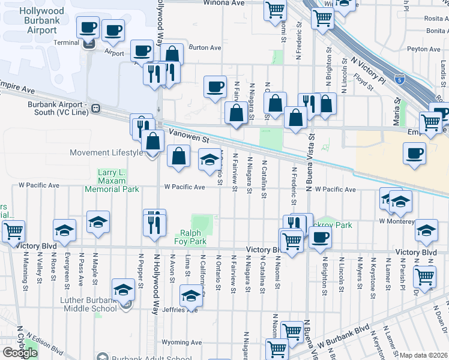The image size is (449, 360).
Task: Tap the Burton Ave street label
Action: click(x=205, y=47)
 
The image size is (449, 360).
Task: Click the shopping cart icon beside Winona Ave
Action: click(x=275, y=10)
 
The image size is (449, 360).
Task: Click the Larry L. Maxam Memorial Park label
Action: click(x=112, y=181)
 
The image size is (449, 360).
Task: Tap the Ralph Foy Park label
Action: click(x=194, y=237)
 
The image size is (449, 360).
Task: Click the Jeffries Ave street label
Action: click(x=184, y=310)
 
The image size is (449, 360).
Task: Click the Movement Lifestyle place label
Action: click(x=106, y=152)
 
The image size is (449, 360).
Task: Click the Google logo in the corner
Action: click(x=19, y=353)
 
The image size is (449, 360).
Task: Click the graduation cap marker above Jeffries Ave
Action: click(x=191, y=296)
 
